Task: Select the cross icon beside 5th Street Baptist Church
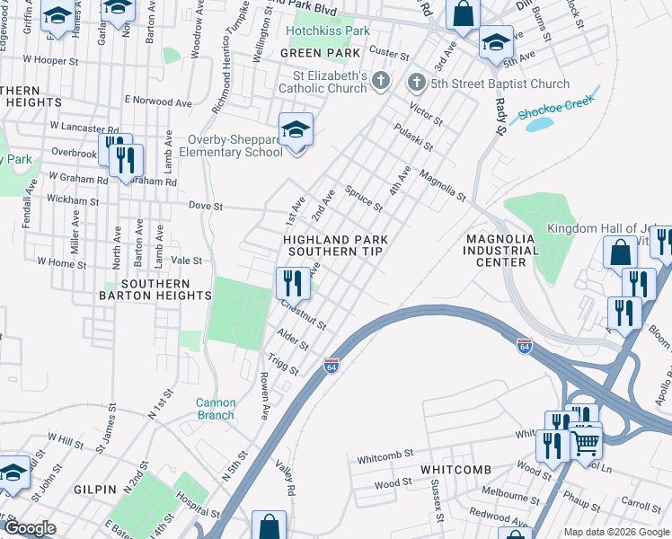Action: tap(416, 84)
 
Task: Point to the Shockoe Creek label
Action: tap(558, 110)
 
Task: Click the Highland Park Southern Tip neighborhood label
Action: tap(333, 245)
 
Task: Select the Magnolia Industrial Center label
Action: tap(500, 250)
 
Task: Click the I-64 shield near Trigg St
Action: tap(331, 365)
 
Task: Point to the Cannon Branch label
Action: tap(216, 409)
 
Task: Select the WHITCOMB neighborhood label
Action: tap(455, 471)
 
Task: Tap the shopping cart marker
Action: tap(586, 440)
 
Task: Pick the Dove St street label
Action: tap(205, 206)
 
